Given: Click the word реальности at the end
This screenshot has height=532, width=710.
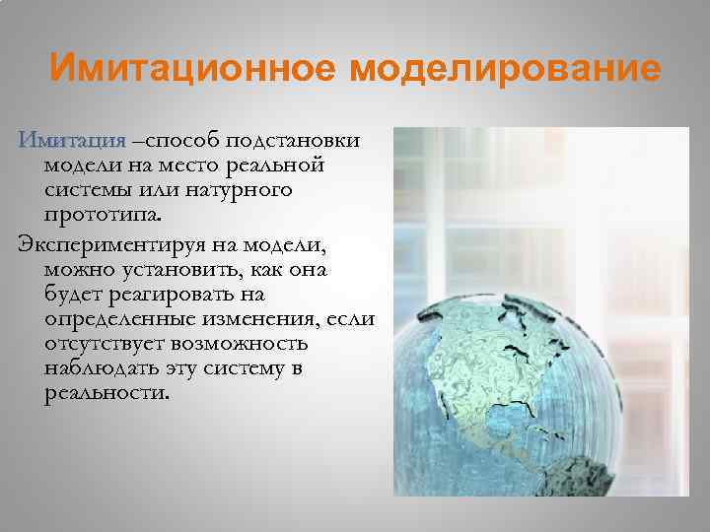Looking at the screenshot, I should click(106, 394).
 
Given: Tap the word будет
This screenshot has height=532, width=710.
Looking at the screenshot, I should click(71, 294).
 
